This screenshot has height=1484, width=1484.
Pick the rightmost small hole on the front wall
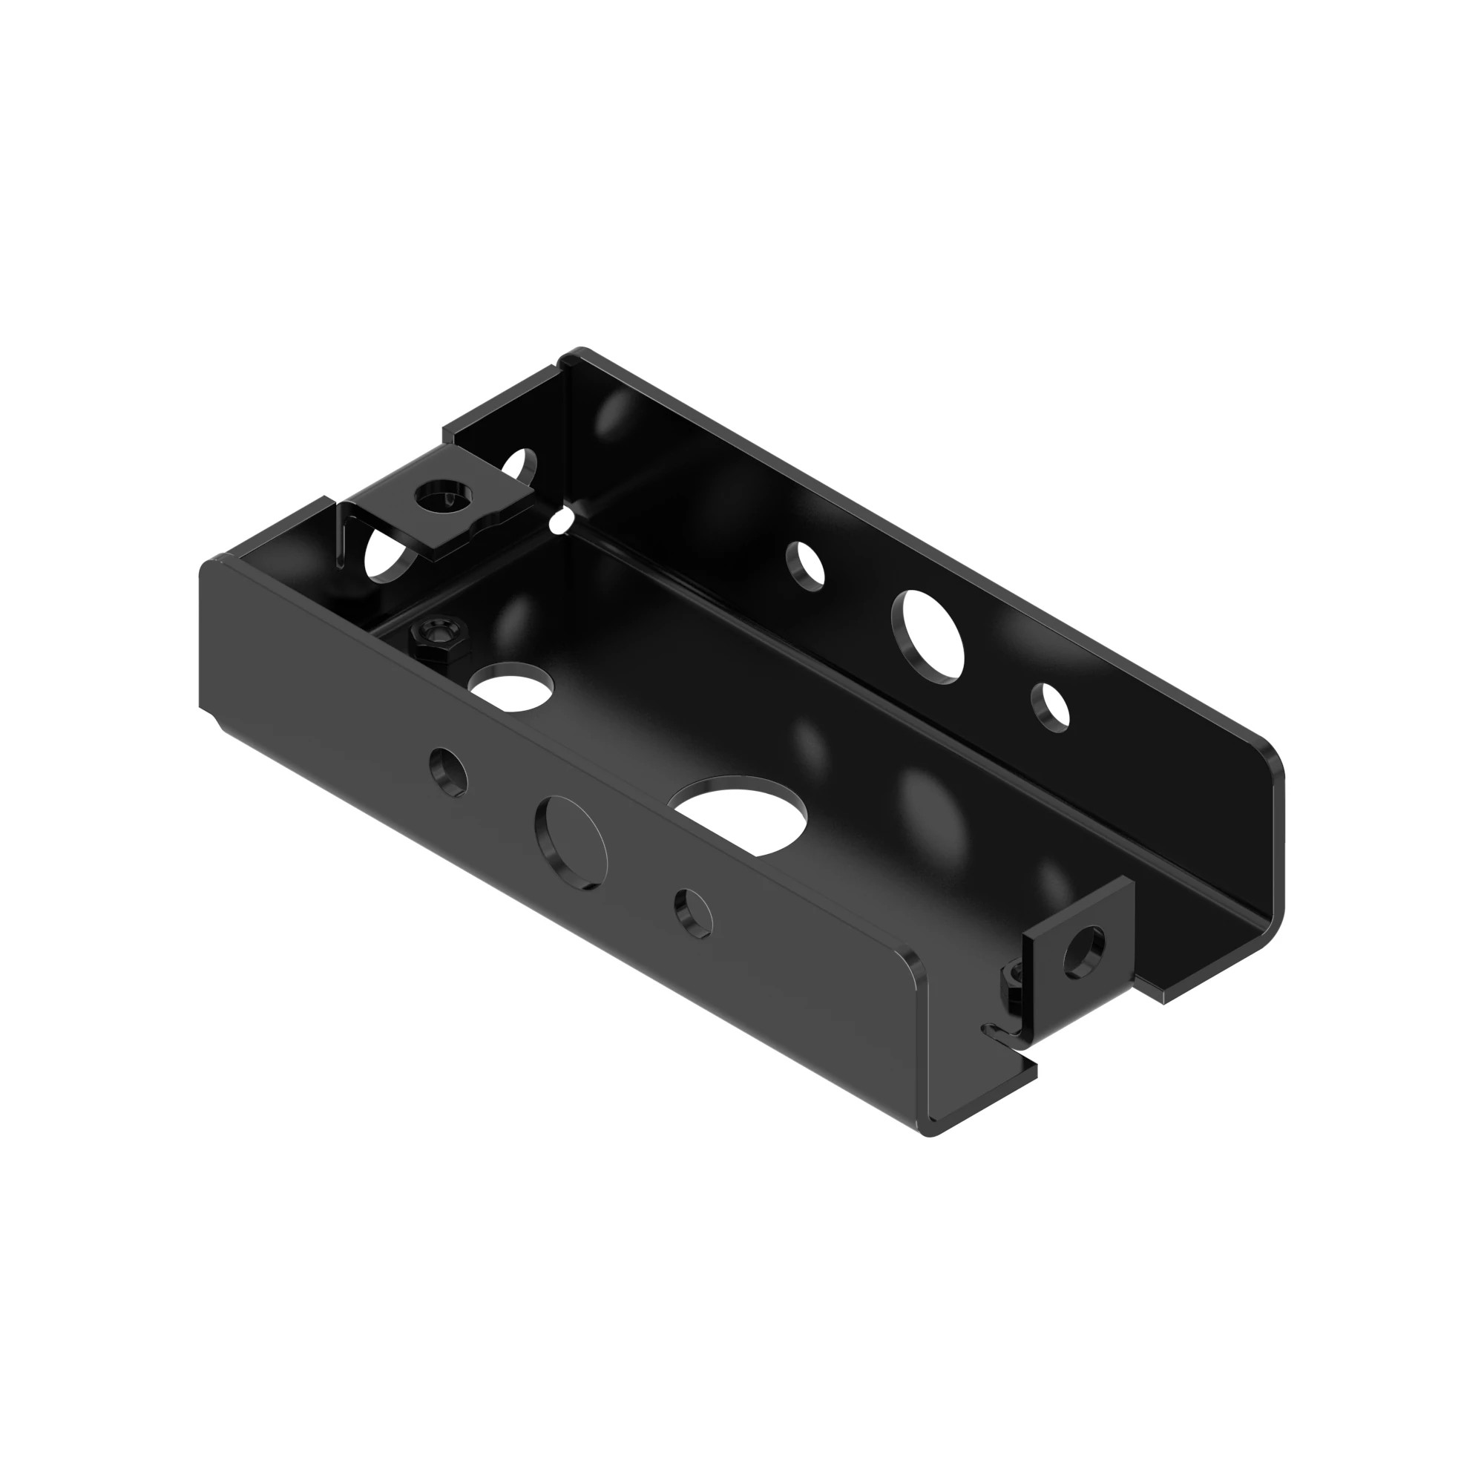[x=694, y=913]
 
